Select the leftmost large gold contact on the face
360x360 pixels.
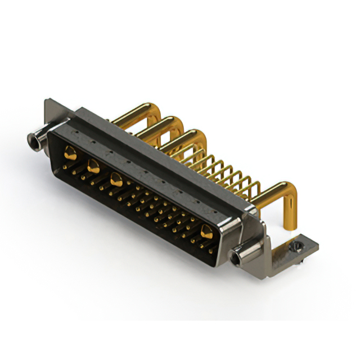tap(70, 152)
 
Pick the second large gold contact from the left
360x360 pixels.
tap(93, 165)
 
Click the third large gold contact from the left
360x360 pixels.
tap(116, 181)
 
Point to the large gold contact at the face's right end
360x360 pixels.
tap(206, 231)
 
